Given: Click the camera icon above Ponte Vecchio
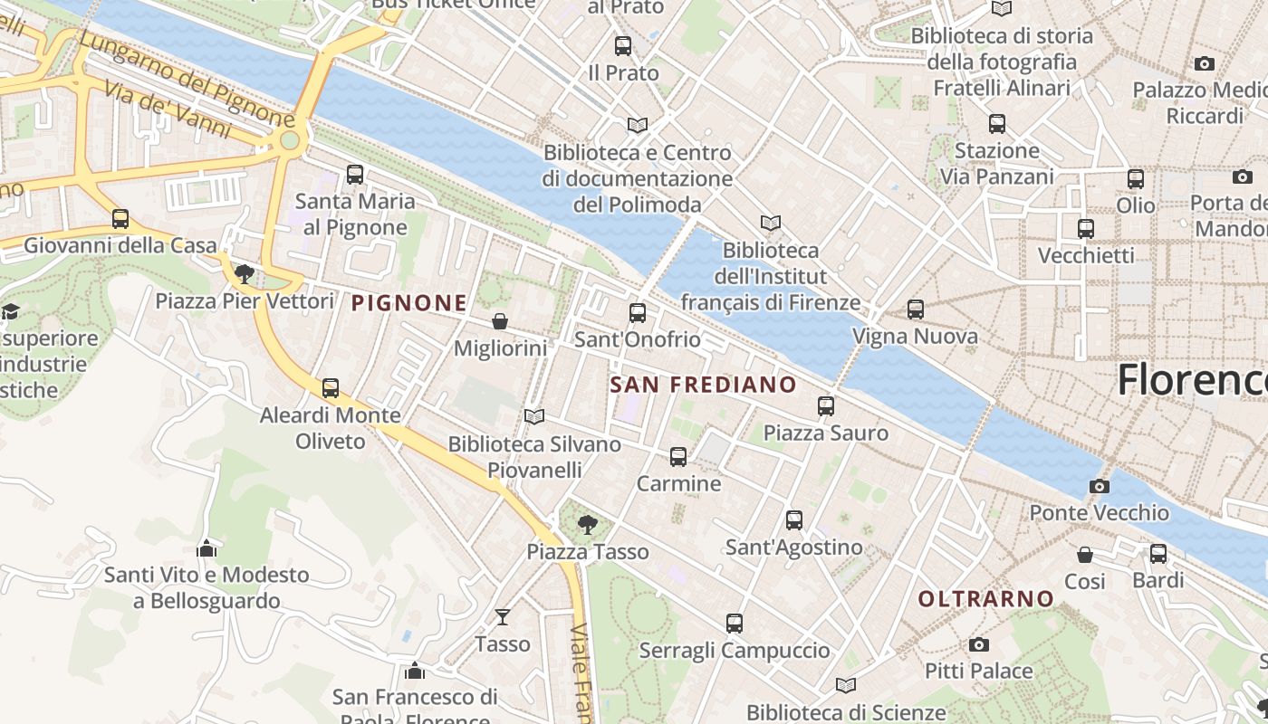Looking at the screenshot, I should (x=1100, y=486).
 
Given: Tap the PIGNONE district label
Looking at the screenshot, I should (x=409, y=303).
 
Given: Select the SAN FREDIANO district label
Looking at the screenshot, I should (x=703, y=385).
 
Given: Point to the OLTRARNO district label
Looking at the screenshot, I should (x=986, y=598).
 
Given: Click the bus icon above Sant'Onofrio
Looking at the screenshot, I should (x=638, y=313).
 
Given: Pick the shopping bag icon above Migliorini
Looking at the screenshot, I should (x=499, y=321).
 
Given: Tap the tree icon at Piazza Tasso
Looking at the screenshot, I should (x=587, y=524).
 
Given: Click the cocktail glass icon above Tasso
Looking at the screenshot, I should (x=503, y=617).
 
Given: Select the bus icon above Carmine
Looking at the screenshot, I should (x=678, y=457).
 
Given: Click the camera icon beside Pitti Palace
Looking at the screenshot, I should (x=978, y=644).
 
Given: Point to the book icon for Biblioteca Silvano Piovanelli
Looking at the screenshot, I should (x=534, y=416).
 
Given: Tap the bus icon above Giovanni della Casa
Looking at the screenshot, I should (x=120, y=219).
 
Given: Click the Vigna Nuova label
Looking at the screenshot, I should (x=915, y=337).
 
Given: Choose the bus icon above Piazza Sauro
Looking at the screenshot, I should (x=825, y=406).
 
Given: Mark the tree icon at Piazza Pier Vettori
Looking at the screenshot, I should (x=244, y=273).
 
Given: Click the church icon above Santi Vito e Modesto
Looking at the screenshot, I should (x=207, y=548).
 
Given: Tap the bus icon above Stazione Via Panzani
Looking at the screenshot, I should (x=997, y=124).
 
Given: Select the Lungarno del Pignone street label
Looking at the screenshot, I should (x=186, y=80).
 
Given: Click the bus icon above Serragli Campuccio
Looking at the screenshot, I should (x=734, y=624).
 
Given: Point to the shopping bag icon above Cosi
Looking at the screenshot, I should (x=1084, y=554).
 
